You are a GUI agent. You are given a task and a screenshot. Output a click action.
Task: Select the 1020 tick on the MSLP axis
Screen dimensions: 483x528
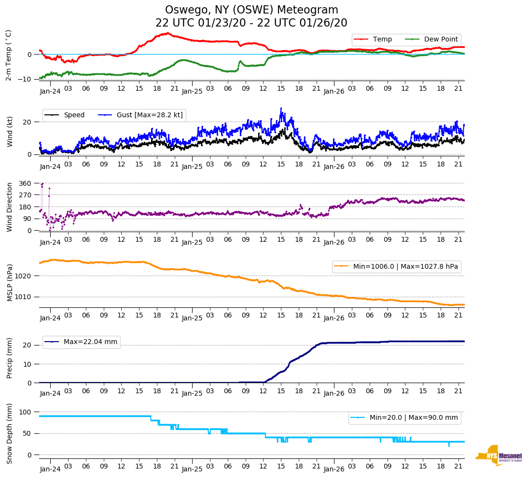(23, 276)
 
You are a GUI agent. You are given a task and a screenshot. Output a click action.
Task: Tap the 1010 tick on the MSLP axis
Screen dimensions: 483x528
(23, 297)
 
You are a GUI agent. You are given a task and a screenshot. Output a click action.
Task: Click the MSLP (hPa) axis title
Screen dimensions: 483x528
(10, 283)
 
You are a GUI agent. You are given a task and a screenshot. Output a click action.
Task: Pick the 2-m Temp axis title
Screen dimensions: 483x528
(9, 55)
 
